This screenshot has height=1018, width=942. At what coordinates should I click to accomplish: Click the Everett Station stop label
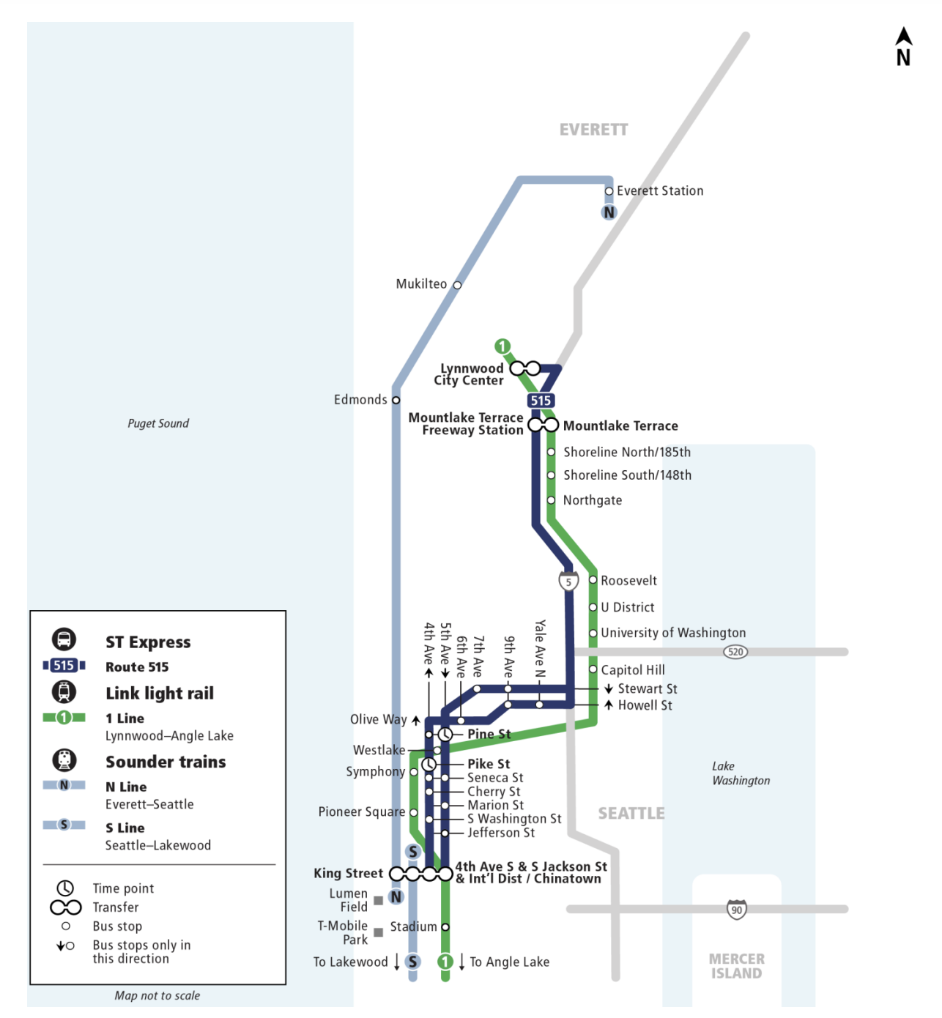[659, 190]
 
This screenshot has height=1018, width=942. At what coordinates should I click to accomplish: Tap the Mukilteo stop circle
[457, 285]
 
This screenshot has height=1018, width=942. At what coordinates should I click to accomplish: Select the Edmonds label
[360, 399]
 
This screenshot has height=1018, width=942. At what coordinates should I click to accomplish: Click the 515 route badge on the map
[541, 401]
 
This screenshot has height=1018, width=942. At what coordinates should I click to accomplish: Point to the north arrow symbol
[904, 47]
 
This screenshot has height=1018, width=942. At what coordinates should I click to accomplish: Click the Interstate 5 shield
[568, 582]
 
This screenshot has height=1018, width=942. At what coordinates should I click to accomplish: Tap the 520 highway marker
[735, 652]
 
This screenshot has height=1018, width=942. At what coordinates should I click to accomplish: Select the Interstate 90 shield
[737, 910]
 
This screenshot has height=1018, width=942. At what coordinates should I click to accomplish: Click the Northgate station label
[592, 500]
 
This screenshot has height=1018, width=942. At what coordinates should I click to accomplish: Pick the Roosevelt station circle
[593, 580]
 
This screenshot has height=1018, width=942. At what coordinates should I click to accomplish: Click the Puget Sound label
[158, 423]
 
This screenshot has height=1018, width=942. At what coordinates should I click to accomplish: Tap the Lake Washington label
[741, 773]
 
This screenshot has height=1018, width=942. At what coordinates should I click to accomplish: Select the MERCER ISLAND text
[736, 966]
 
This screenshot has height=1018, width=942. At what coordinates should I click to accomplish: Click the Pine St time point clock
[445, 734]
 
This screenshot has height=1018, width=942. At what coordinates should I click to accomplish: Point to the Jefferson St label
[501, 833]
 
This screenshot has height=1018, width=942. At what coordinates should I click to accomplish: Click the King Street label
[348, 873]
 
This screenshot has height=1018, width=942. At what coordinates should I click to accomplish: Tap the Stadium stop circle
[445, 927]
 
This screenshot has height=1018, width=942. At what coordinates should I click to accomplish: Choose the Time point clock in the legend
[65, 888]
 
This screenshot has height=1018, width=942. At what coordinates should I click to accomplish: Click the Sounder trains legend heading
[166, 762]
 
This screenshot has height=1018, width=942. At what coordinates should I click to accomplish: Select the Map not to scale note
[157, 995]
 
